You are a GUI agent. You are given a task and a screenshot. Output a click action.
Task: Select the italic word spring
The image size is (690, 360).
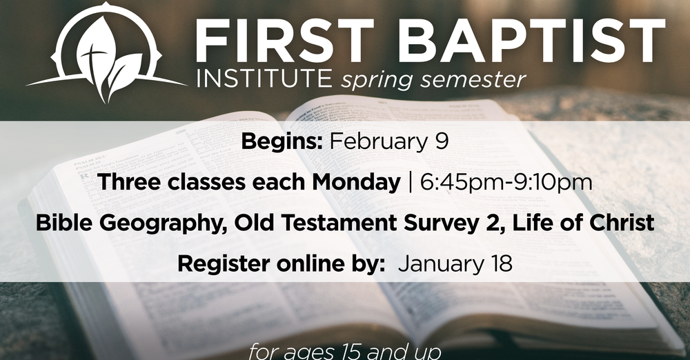[373, 81]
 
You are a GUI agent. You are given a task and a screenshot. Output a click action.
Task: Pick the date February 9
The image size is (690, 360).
[389, 143]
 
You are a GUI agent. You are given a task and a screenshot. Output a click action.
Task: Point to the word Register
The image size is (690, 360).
[218, 263]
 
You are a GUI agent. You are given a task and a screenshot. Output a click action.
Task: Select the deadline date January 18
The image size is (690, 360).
[455, 263]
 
